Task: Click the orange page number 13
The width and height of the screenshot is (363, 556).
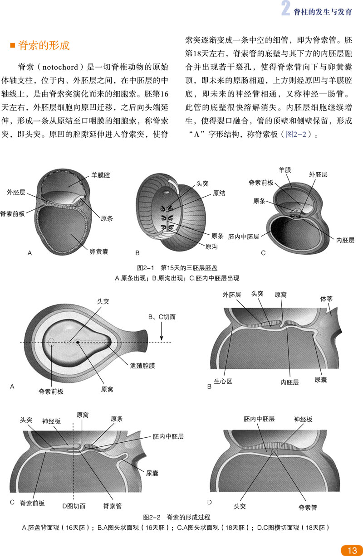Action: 352,551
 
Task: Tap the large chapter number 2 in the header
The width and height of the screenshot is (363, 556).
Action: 285,10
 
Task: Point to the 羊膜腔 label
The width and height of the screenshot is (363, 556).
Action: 101,174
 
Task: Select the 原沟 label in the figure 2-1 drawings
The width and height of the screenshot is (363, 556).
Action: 211,247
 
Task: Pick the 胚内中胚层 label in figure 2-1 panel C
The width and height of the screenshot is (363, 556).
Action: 244,237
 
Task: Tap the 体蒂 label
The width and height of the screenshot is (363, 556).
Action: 327,299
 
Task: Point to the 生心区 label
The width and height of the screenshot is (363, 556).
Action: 223,382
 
